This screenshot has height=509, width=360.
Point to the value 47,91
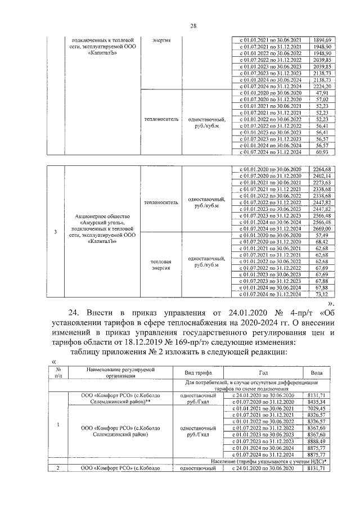322,93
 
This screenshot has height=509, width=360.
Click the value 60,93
322,152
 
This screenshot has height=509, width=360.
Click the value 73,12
322,294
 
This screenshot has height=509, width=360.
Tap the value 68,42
322,242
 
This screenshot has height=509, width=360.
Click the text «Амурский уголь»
105,222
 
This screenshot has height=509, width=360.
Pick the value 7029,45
322,409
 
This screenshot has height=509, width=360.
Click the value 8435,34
322,403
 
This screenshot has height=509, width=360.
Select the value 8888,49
322,442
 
